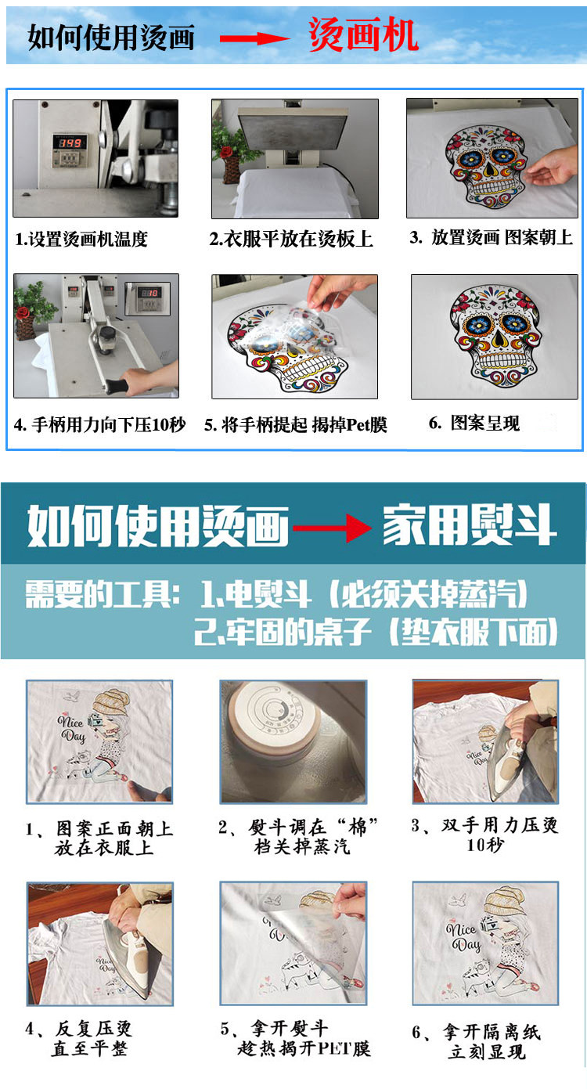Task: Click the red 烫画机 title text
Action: (x=363, y=35)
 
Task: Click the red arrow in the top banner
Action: (x=254, y=39)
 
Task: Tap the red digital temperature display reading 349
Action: (x=70, y=142)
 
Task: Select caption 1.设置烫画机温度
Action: (x=81, y=240)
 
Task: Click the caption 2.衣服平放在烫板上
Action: (x=290, y=240)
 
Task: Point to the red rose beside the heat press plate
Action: (x=226, y=152)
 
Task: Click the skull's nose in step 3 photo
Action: (x=488, y=170)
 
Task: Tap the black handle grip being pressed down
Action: (x=116, y=386)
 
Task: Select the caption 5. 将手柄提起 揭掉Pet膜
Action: (x=295, y=425)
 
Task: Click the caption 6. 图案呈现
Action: (x=474, y=423)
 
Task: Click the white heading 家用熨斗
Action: (x=470, y=526)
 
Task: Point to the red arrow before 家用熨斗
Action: (x=332, y=528)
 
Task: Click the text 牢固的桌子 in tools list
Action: (x=298, y=632)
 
